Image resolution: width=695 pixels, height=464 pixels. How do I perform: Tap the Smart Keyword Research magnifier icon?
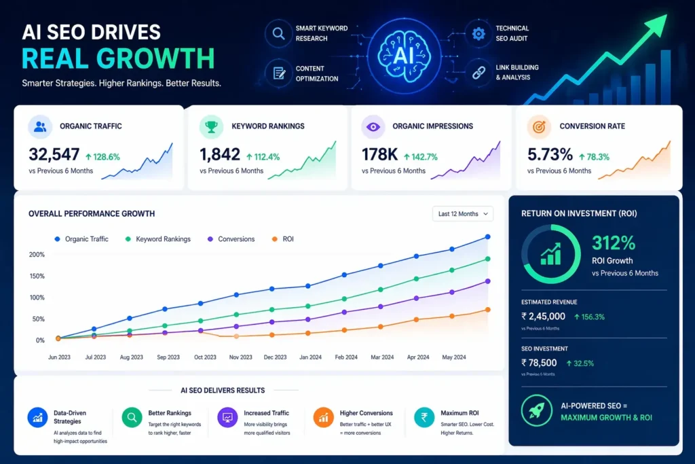coord(278,33)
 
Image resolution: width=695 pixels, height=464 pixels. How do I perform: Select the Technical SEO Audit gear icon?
coord(479,33)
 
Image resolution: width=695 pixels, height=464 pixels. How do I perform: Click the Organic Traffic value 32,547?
coord(54,156)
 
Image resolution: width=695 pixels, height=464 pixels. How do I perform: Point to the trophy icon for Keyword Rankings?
coord(211,126)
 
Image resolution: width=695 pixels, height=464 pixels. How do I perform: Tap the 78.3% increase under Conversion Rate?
coord(595,157)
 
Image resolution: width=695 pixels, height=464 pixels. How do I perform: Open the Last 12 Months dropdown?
coord(463,214)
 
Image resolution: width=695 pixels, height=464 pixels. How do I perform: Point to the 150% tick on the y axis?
coord(37,276)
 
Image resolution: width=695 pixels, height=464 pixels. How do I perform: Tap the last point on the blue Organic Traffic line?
coord(487,237)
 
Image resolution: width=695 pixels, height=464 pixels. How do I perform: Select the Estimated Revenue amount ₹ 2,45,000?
coord(543,316)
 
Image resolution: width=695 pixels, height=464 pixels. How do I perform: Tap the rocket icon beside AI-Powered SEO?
coord(537,412)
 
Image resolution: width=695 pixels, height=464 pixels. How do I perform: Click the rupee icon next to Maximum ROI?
coord(424,417)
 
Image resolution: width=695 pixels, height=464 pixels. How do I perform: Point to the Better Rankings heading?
coord(170,413)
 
